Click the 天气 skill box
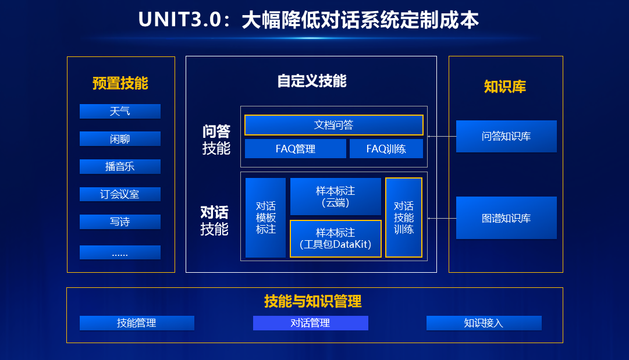[x=120, y=111]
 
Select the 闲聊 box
[x=120, y=139]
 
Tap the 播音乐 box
[x=120, y=166]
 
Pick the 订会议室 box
[x=120, y=194]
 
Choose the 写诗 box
[x=120, y=222]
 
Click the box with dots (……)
[x=120, y=252]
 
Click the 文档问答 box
[x=333, y=125]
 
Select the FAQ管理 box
[x=295, y=149]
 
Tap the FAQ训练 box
[x=386, y=149]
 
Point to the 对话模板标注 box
[x=265, y=218]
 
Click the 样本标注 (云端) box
[x=335, y=197]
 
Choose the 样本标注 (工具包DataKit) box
[x=335, y=238]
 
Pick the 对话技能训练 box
[x=403, y=218]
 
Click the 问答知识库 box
[x=506, y=137]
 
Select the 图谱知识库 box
[x=506, y=218]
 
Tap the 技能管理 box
[x=137, y=323]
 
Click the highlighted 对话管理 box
[x=310, y=323]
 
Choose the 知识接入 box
[x=484, y=323]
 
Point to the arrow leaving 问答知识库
[x=442, y=137]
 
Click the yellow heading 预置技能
[x=120, y=84]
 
